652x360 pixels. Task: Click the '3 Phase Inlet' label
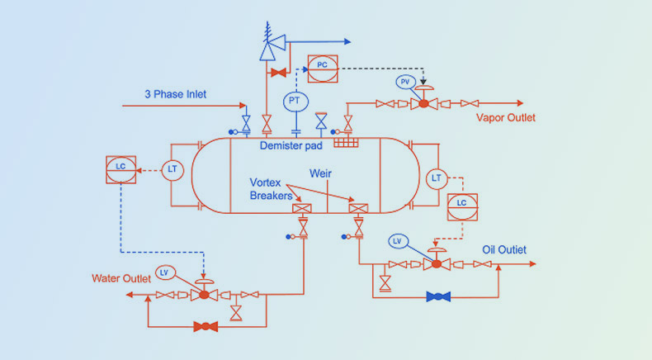pyautogui.click(x=175, y=94)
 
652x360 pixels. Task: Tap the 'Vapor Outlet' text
pyautogui.click(x=506, y=118)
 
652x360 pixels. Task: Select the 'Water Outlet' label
pyautogui.click(x=121, y=278)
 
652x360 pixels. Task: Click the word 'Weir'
pyautogui.click(x=320, y=173)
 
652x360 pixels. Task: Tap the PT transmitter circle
pyautogui.click(x=294, y=102)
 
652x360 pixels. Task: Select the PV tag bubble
pyautogui.click(x=404, y=82)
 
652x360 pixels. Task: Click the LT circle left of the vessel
pyautogui.click(x=172, y=169)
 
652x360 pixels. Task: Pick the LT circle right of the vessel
pyautogui.click(x=436, y=178)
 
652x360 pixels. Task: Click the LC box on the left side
pyautogui.click(x=120, y=167)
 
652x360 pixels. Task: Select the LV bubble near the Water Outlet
pyautogui.click(x=163, y=272)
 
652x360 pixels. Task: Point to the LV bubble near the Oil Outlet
pyautogui.click(x=397, y=240)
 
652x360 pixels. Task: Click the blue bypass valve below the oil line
pyautogui.click(x=437, y=296)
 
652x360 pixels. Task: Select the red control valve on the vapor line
pyautogui.click(x=423, y=103)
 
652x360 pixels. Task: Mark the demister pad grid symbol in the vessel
pyautogui.click(x=346, y=142)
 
